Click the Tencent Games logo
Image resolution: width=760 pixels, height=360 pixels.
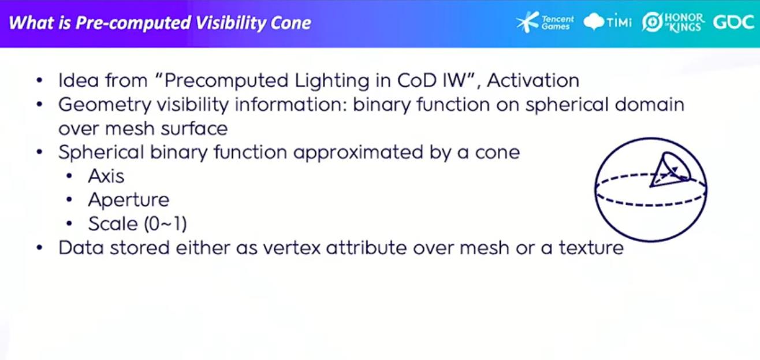[545, 23]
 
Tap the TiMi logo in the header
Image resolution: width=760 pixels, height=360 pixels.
[608, 22]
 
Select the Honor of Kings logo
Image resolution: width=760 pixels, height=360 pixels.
[673, 22]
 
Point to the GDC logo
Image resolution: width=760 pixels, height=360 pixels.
[733, 23]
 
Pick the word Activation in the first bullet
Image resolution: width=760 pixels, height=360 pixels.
[533, 81]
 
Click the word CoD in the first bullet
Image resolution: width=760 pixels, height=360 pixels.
[416, 81]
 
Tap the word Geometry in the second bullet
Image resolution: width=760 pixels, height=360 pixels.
[105, 105]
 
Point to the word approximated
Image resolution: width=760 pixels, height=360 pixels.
[358, 153]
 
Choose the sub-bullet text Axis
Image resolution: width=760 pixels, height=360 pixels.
[106, 176]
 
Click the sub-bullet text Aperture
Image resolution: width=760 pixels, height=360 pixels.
[129, 200]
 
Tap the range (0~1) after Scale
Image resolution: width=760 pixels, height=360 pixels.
[165, 224]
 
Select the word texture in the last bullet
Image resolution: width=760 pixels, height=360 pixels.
[591, 248]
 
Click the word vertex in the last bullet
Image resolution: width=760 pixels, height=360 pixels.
[292, 248]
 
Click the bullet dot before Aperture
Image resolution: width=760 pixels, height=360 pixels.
[69, 199]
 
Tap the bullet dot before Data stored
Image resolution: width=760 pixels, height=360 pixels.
[40, 248]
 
